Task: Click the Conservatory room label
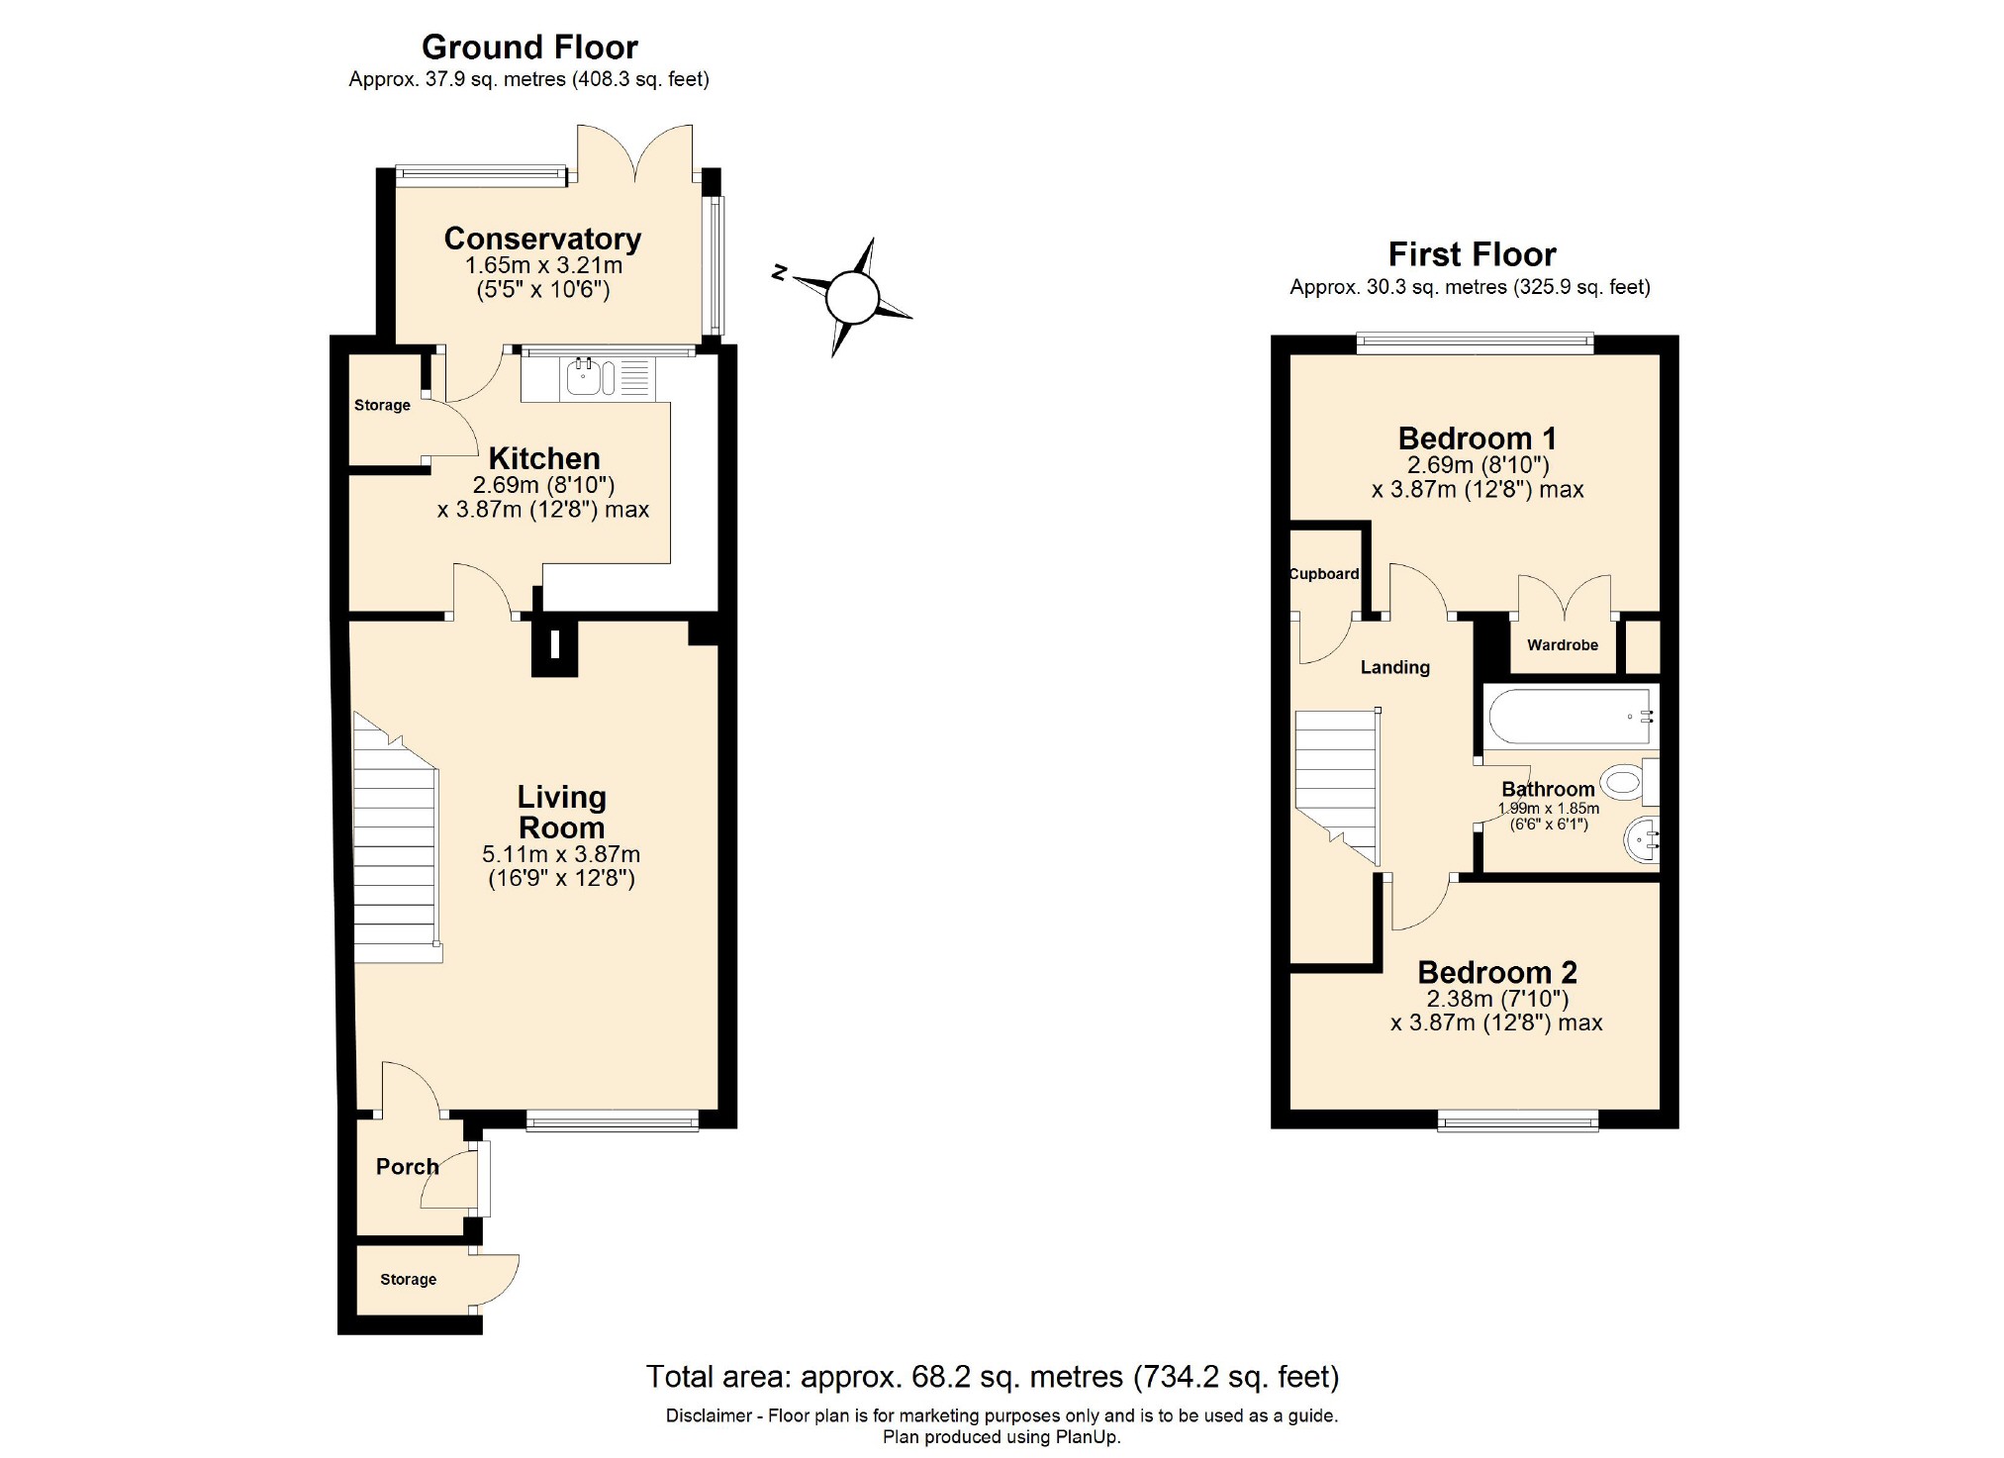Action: pos(542,239)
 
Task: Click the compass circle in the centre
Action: pos(851,297)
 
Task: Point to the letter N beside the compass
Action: pos(780,271)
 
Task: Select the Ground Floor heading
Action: pos(529,47)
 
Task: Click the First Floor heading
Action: pos(1472,254)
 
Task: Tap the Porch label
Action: pos(407,1166)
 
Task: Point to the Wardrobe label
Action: pos(1562,645)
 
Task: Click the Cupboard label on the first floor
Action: pos(1324,574)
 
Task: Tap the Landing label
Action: pos(1394,667)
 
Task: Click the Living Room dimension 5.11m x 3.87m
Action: pos(561,854)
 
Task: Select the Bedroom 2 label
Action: pos(1496,972)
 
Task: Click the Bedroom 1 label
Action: pos(1477,437)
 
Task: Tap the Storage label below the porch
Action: pos(408,1280)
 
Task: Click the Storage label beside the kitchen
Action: pos(382,405)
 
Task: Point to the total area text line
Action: pos(992,1377)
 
